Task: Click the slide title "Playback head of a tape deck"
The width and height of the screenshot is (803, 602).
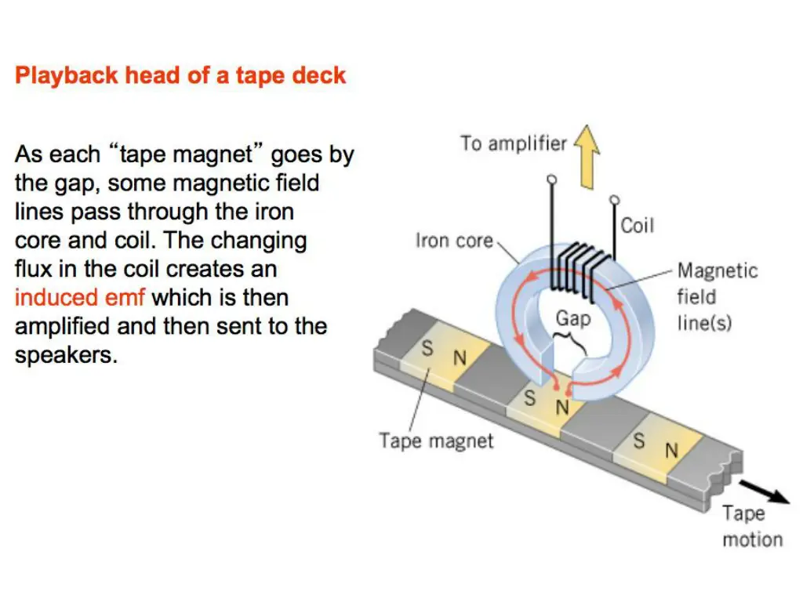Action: [180, 76]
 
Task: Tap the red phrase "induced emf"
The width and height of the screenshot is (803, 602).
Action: [80, 298]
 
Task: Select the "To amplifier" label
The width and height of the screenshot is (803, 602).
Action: [513, 144]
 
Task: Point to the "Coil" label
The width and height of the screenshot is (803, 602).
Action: [637, 226]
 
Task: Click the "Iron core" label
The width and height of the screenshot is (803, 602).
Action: [454, 240]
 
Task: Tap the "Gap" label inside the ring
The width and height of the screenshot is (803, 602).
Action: [573, 318]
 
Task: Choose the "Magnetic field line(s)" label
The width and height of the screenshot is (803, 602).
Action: [717, 296]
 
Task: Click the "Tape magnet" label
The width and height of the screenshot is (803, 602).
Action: [436, 441]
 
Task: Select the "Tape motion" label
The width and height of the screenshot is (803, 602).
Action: [751, 526]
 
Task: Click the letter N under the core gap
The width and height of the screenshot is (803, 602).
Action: [561, 407]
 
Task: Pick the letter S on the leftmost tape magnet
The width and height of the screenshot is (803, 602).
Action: [427, 349]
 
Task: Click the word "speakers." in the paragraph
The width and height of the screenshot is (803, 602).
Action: [66, 355]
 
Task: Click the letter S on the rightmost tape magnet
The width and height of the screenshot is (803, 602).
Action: [639, 441]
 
